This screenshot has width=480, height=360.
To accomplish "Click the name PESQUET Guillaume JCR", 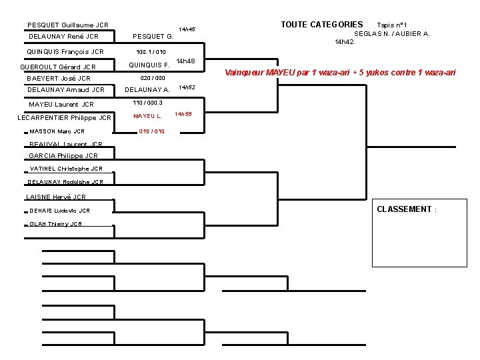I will (68, 25).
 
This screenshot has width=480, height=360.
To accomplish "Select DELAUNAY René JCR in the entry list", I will (64, 37).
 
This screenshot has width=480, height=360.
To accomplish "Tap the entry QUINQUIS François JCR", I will (65, 51).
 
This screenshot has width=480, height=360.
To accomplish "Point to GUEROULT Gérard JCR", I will (59, 67).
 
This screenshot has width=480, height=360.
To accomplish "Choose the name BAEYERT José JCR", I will (59, 78).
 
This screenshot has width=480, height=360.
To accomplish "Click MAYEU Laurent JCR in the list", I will (61, 104).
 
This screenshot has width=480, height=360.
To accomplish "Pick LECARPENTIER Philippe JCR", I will (64, 118).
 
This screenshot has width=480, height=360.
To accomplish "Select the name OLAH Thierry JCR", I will (56, 224).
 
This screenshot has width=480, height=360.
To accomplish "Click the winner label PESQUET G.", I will (153, 36).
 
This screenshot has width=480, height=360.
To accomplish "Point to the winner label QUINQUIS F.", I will (149, 65).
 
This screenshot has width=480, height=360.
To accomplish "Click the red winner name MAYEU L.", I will (147, 116).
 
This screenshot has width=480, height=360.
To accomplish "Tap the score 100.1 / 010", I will (151, 51).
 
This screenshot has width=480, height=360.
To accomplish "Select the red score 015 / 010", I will (151, 131).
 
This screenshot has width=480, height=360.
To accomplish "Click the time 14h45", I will (187, 29).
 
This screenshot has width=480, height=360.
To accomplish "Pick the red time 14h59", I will (183, 114).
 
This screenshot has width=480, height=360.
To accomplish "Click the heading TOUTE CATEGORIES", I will (321, 25).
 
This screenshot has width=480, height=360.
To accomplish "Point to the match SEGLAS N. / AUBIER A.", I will (391, 33).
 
